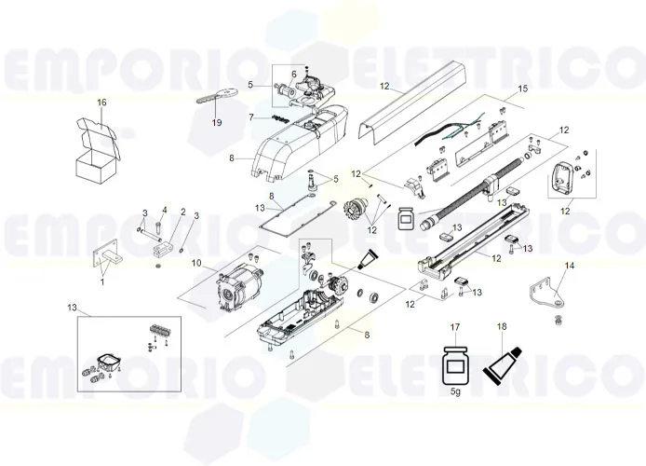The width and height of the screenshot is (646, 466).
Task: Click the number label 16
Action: pos(102,102)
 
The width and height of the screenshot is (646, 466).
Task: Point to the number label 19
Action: pos(216,123)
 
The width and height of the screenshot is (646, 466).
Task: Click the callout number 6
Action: pos(294,74)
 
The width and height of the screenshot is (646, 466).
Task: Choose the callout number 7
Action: pos(251,116)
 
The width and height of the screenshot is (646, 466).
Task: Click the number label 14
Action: pos(569,266)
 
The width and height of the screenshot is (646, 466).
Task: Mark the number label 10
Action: pos(196,263)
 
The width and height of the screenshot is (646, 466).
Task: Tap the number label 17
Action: pos(455,327)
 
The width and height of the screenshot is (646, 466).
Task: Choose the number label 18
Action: pos(502,327)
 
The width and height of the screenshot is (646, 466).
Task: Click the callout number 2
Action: pos(182,212)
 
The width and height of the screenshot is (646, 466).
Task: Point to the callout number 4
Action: pos(164,210)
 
